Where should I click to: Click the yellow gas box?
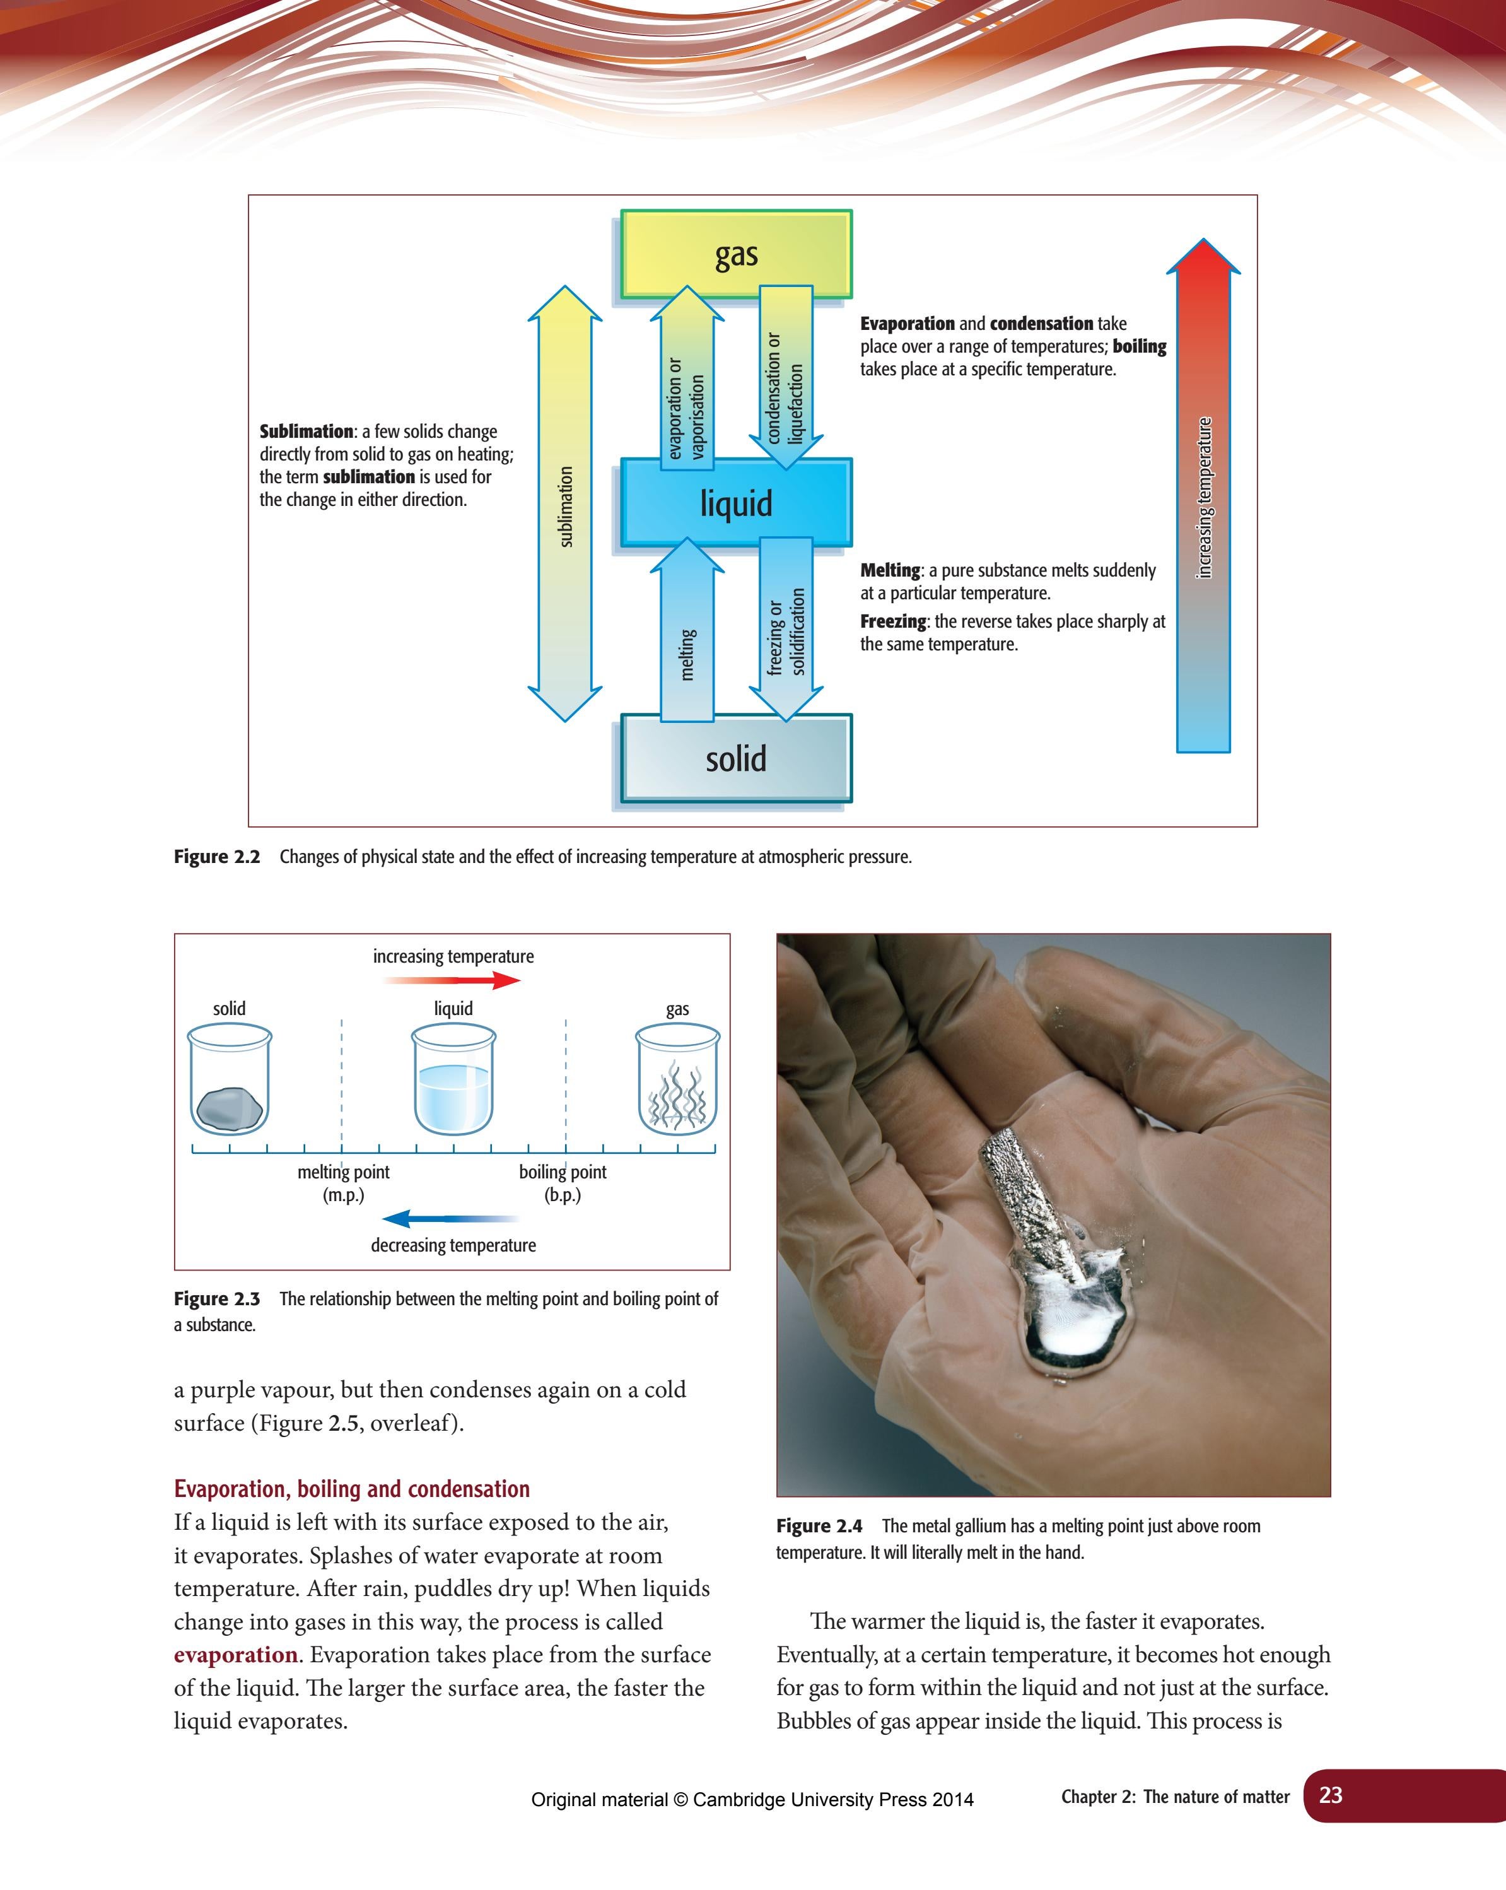(737, 254)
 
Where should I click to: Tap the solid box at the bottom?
(737, 758)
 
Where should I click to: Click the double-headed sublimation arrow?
(566, 504)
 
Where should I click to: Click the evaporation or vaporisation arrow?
(687, 385)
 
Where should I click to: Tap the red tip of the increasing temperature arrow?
(1203, 263)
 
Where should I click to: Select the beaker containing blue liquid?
(453, 1087)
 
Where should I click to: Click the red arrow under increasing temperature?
(456, 980)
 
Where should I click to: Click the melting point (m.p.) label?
(342, 1183)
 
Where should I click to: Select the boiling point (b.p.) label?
(563, 1183)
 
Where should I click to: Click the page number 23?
(1331, 1795)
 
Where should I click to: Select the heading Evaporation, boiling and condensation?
(351, 1489)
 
